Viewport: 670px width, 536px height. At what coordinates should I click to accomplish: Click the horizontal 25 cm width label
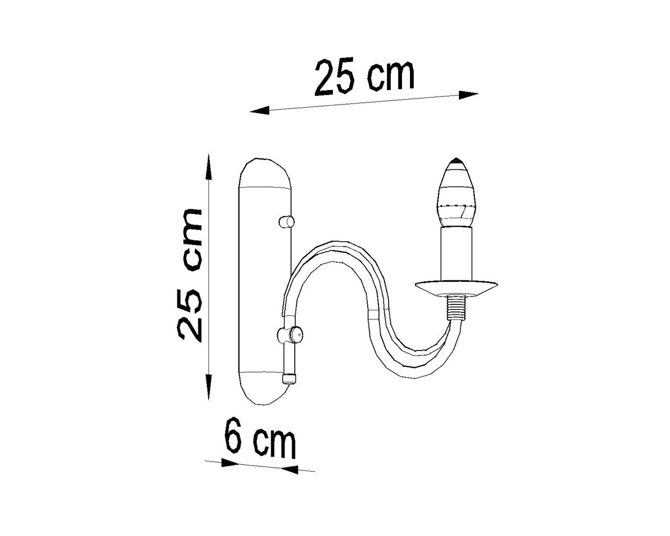[364, 78]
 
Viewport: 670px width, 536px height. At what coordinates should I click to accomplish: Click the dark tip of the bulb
[456, 161]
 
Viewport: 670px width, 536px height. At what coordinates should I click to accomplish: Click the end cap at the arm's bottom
[289, 378]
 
